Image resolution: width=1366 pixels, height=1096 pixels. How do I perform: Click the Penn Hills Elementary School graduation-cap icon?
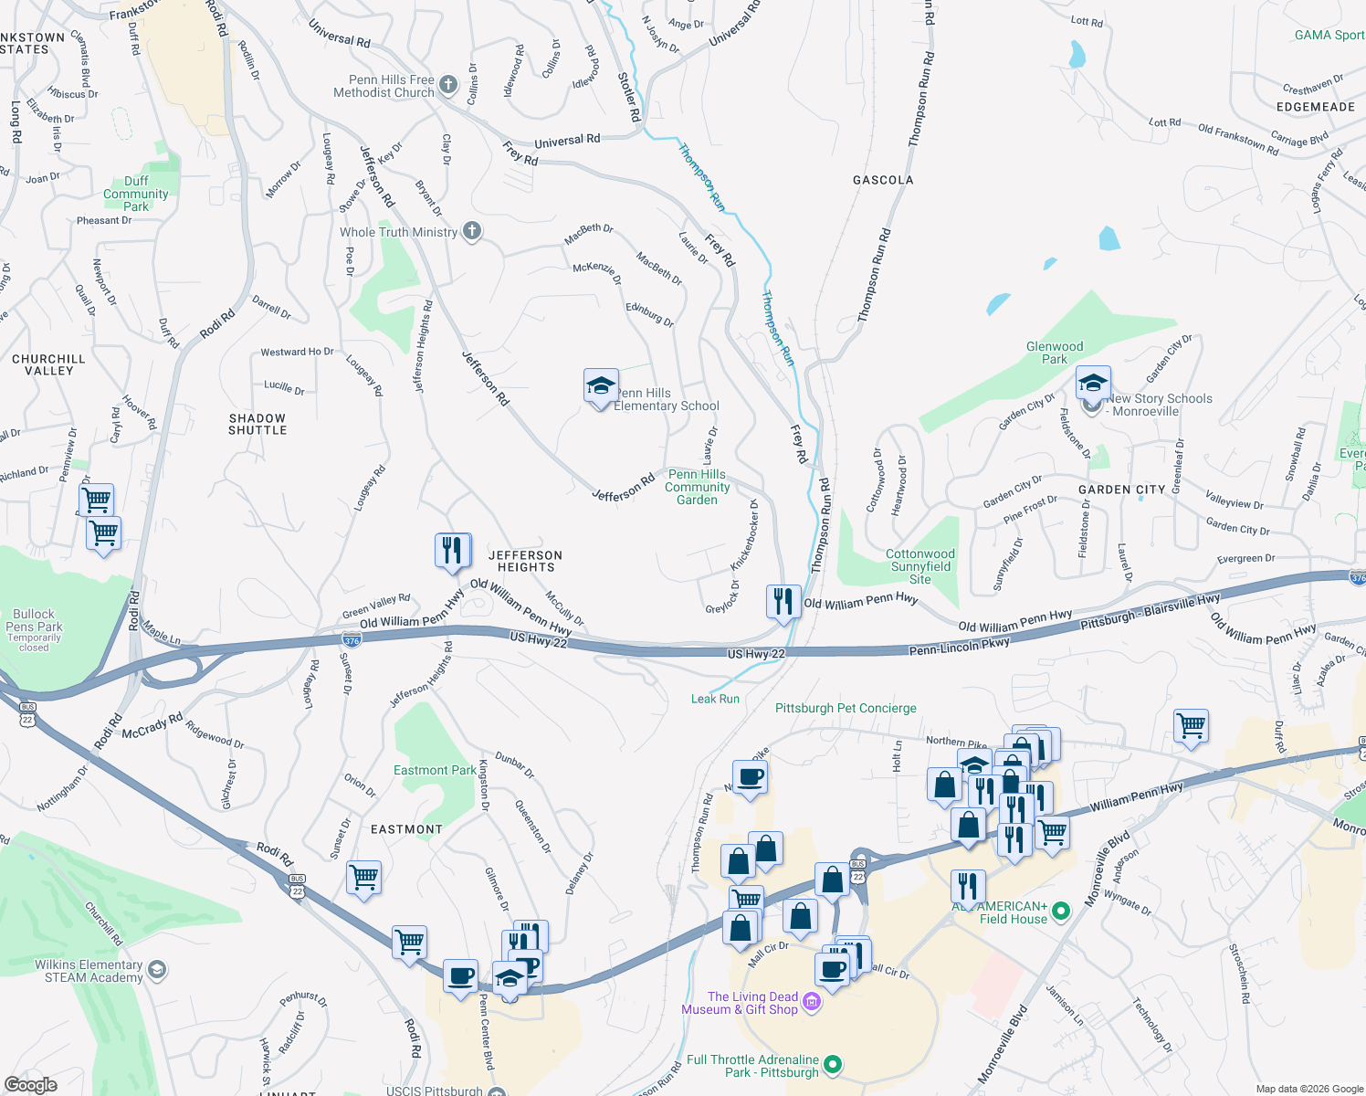(601, 388)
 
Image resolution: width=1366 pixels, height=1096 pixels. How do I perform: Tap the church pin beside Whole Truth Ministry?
(472, 231)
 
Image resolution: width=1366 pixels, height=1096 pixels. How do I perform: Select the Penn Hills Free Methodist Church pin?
(447, 86)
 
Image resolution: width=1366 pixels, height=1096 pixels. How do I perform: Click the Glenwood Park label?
(1055, 353)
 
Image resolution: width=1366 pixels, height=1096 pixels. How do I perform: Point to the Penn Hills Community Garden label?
(697, 487)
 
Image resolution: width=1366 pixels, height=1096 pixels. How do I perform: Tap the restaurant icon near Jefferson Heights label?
(453, 551)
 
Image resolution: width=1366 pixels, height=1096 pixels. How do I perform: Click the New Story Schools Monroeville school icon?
(1092, 385)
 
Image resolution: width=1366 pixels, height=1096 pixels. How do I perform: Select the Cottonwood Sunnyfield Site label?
(919, 566)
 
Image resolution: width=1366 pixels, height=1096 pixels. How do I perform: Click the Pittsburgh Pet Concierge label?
(846, 708)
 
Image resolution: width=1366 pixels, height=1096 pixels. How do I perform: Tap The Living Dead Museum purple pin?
(812, 1003)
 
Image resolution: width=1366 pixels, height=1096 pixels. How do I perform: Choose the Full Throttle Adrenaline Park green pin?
(832, 1065)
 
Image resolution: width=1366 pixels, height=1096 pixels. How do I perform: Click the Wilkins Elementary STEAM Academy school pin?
(157, 970)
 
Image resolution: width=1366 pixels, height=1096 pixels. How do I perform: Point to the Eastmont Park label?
(435, 770)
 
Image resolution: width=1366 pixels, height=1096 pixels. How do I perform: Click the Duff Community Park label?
(136, 194)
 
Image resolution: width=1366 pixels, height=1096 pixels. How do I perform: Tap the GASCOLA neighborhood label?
(883, 180)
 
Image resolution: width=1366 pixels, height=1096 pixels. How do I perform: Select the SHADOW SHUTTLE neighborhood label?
(257, 424)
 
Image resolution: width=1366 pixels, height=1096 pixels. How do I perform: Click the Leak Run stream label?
(715, 699)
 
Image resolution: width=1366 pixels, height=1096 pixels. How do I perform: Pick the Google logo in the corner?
(30, 1085)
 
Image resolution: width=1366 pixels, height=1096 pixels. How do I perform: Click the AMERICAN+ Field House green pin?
(1061, 911)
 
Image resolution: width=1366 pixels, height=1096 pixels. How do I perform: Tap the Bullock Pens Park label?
(34, 620)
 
